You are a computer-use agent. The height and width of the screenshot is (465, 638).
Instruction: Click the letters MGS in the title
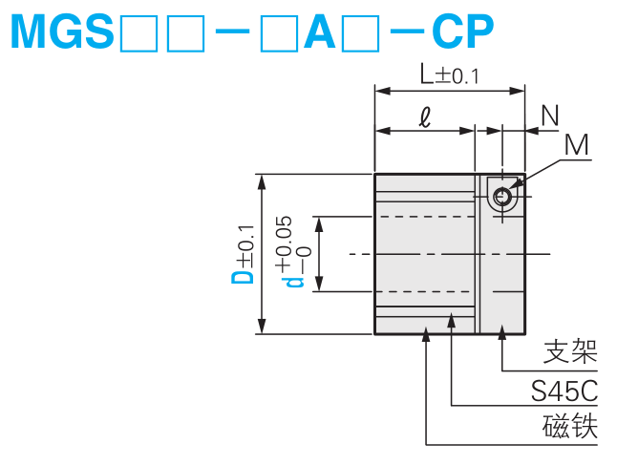[62, 33]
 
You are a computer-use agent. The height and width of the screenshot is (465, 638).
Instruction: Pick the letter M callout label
[576, 144]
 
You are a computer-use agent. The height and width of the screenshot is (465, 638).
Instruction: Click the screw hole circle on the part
[502, 197]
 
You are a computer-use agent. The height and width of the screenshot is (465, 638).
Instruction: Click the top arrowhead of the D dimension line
[261, 180]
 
